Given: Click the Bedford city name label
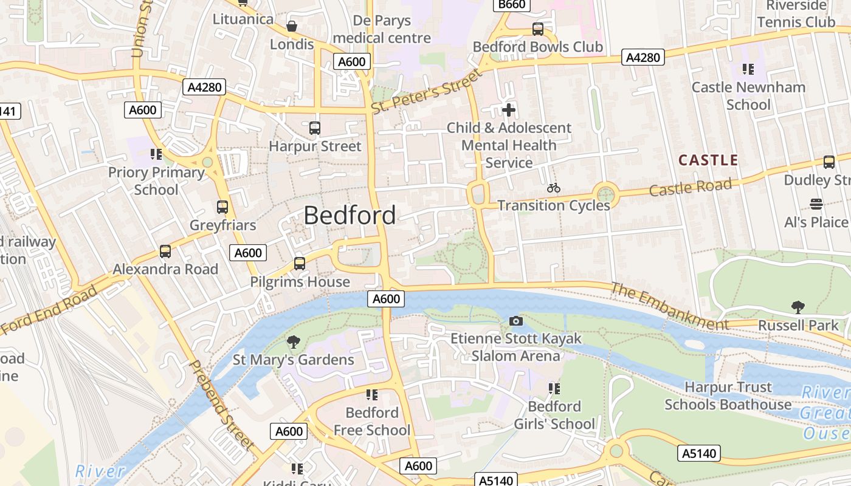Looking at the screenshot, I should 350,215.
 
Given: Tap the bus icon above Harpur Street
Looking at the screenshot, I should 314,128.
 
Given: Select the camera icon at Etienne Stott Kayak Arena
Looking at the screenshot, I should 515,321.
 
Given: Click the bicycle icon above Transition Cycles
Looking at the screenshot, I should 553,188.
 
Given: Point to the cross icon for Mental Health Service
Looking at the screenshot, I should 509,110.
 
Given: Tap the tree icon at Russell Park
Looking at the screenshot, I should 798,307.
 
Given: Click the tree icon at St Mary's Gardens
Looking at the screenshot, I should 293,342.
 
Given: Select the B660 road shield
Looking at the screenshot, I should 511,5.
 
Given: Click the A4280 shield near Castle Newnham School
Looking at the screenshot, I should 643,58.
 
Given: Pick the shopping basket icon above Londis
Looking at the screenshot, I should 292,26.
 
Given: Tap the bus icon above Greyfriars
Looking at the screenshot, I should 222,207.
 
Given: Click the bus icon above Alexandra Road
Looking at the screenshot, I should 165,251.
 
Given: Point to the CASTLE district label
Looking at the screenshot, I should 708,160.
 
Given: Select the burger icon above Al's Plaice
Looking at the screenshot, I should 816,204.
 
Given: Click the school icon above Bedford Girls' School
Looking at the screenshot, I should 553,388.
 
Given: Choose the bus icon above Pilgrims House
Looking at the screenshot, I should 299,264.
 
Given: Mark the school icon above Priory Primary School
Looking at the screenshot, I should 156,154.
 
